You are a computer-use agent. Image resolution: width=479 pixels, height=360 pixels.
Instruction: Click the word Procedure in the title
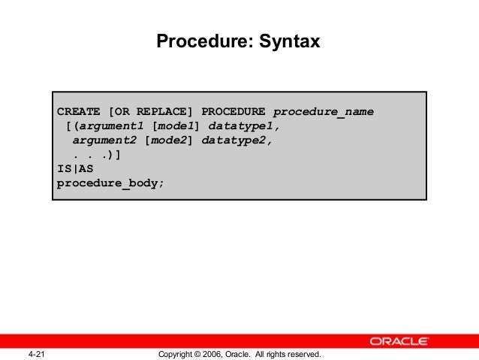197,42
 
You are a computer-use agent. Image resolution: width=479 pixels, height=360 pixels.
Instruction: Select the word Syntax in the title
290,42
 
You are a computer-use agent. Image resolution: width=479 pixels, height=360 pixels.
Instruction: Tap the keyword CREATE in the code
80,113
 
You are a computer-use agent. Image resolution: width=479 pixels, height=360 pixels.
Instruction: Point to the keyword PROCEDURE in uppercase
233,113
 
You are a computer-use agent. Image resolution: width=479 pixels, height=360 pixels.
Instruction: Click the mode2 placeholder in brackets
170,140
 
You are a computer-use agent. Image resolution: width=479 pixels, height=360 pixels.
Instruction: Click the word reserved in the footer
303,354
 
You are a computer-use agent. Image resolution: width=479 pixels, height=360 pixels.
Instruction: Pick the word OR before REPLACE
123,113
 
